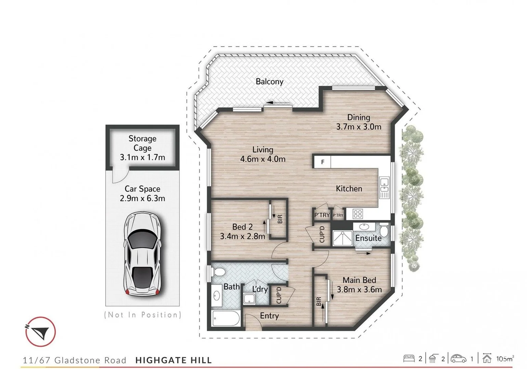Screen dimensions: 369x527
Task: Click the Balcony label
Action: (x=269, y=82)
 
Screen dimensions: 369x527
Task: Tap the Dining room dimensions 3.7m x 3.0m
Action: (x=358, y=127)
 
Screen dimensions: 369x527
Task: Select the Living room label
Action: (x=263, y=150)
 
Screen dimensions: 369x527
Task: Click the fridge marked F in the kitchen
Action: (x=322, y=162)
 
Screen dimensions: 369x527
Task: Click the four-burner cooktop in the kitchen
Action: (x=358, y=214)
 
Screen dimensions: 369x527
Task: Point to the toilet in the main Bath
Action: (x=218, y=272)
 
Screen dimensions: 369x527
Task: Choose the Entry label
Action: (x=269, y=316)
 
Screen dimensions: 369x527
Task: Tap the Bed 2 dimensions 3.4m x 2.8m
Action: (x=242, y=236)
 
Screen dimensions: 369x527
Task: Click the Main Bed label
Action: (x=359, y=280)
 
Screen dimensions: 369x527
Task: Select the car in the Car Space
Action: (x=142, y=254)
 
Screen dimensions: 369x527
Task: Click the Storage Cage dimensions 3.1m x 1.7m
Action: (x=142, y=158)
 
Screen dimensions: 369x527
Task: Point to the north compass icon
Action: (x=40, y=332)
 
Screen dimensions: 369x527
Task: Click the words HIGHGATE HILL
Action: (x=173, y=360)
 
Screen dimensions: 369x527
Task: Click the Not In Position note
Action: (x=142, y=315)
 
